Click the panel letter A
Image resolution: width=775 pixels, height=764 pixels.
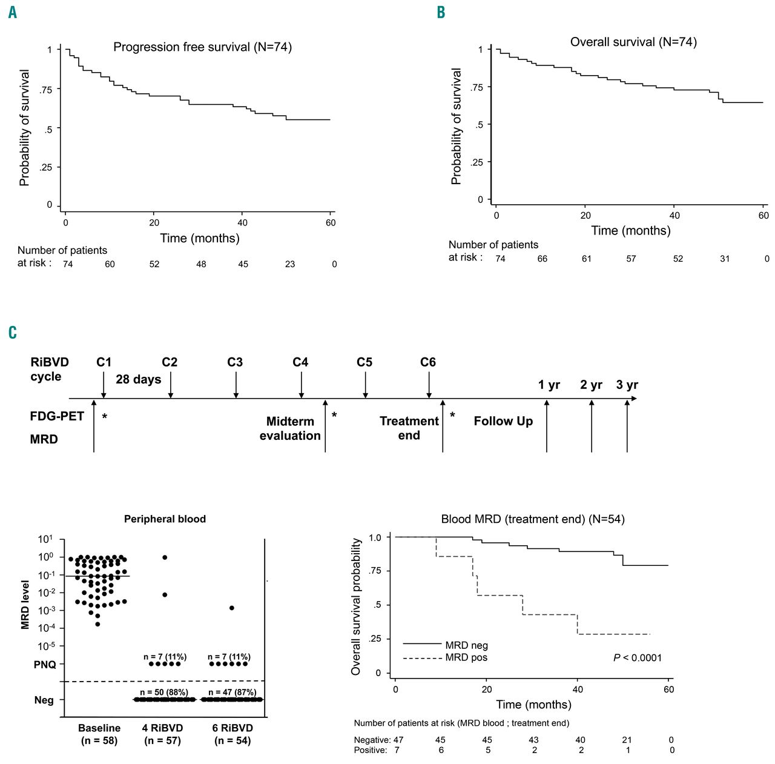tap(13, 12)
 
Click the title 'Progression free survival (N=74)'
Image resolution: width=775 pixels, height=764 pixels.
tap(202, 47)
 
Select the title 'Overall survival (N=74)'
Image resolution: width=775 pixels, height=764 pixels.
tap(633, 42)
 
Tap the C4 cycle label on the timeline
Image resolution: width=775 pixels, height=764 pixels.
tap(300, 362)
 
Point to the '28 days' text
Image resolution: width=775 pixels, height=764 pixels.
tap(139, 379)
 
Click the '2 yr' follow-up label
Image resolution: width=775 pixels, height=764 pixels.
tap(591, 385)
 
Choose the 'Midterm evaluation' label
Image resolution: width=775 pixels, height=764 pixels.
tap(290, 428)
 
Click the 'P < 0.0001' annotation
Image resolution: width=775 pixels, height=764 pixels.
tap(638, 657)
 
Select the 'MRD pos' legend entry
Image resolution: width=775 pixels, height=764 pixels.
tap(466, 657)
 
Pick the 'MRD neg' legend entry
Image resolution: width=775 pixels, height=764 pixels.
tap(466, 645)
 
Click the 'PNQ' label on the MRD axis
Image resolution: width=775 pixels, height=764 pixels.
tap(45, 665)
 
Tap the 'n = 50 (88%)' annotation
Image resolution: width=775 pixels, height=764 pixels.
tap(164, 692)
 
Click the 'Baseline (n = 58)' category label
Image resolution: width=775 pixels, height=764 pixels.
tap(99, 734)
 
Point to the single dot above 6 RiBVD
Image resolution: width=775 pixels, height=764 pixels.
tap(232, 608)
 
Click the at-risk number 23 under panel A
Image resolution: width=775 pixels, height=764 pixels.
tap(290, 264)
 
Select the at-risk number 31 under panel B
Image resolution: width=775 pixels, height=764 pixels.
tap(725, 259)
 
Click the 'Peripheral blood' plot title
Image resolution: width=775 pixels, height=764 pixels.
tap(165, 519)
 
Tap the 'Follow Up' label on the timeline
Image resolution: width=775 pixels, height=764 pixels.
tap(503, 421)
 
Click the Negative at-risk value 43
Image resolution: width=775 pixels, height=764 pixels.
tap(533, 740)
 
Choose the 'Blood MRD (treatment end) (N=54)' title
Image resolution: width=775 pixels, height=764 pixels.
tap(533, 519)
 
